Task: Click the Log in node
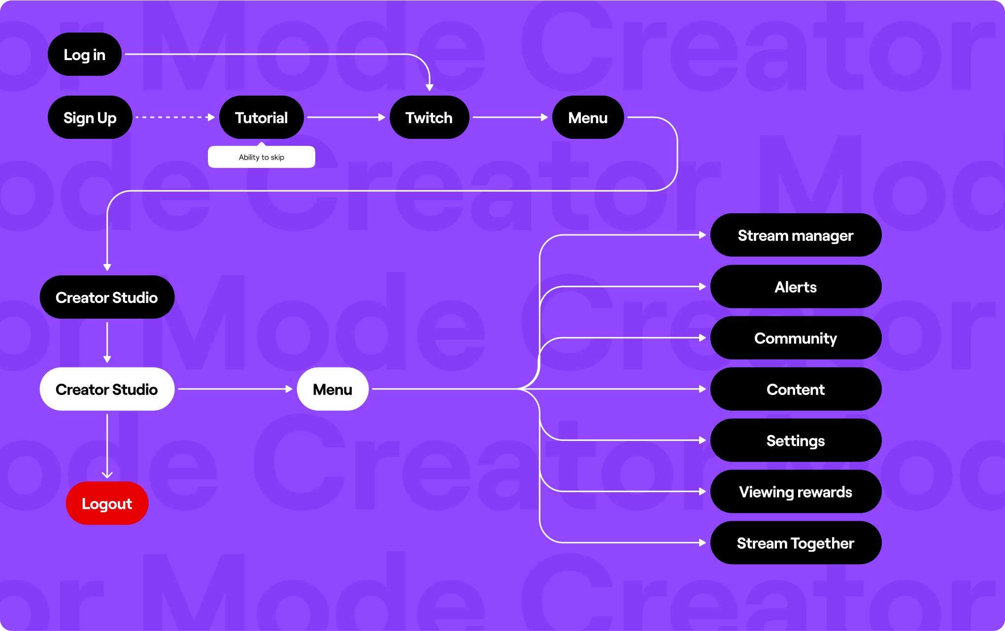pyautogui.click(x=84, y=54)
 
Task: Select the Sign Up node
pyautogui.click(x=90, y=117)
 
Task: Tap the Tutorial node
pyautogui.click(x=261, y=117)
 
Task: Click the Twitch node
pyautogui.click(x=429, y=117)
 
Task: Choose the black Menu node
pyautogui.click(x=588, y=117)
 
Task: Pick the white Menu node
pyautogui.click(x=333, y=389)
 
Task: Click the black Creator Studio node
pyautogui.click(x=107, y=297)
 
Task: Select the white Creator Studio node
pyautogui.click(x=107, y=389)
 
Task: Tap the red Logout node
pyautogui.click(x=107, y=503)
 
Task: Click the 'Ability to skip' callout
pyautogui.click(x=261, y=157)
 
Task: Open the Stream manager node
pyautogui.click(x=795, y=235)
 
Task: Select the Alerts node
pyautogui.click(x=795, y=287)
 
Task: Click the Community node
pyautogui.click(x=795, y=338)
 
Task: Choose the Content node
pyautogui.click(x=795, y=389)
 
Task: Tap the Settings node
pyautogui.click(x=795, y=440)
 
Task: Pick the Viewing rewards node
pyautogui.click(x=795, y=492)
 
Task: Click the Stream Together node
pyautogui.click(x=795, y=543)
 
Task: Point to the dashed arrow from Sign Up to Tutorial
pyautogui.click(x=175, y=117)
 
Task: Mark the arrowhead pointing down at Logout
pyautogui.click(x=107, y=475)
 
